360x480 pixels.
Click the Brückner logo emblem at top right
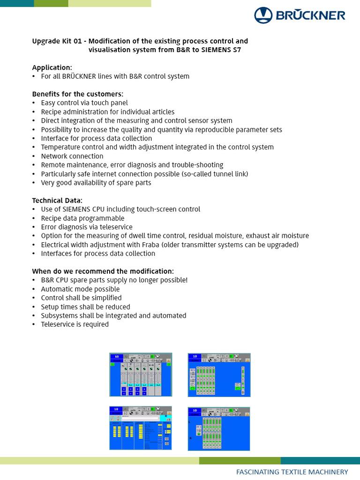pos(263,15)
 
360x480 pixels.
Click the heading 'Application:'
pos(52,67)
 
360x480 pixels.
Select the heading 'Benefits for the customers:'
pos(77,94)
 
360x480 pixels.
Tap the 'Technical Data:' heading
pos(57,200)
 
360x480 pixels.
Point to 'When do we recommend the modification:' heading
pos(103,271)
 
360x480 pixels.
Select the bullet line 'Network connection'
pos(72,156)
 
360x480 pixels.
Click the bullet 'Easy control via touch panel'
pos(84,103)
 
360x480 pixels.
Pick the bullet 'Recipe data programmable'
pos(82,218)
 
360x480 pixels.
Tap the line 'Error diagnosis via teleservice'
pos(87,227)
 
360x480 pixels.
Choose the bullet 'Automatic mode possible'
pos(80,289)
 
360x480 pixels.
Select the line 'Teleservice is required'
pos(75,324)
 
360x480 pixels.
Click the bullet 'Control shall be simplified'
pos(81,298)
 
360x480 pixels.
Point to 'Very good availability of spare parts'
pos(96,183)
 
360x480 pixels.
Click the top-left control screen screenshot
pos(141,375)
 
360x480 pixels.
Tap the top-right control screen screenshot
pos(219,375)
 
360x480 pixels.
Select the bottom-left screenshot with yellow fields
pos(141,428)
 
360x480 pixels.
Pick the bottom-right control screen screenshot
pos(219,428)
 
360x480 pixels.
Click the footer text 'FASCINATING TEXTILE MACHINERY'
pos(292,472)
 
